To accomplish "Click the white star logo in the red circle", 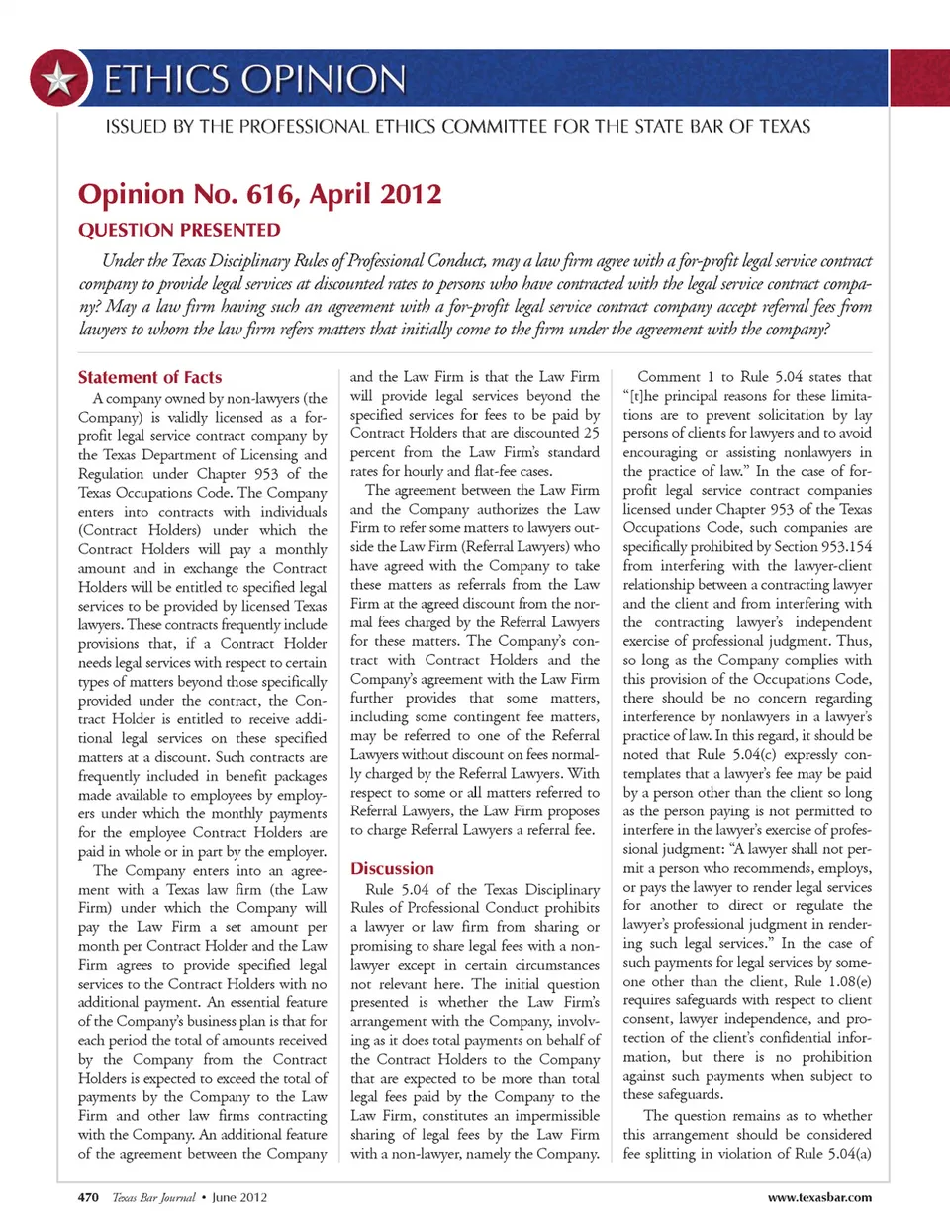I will [x=59, y=78].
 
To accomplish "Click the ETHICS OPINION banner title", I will [x=254, y=79].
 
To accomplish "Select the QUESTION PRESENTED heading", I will [x=179, y=230].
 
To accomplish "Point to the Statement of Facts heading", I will [x=149, y=377].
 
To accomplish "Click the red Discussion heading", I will [x=392, y=868].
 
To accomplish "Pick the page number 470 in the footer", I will [x=88, y=1197].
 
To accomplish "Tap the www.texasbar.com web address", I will [x=819, y=1197].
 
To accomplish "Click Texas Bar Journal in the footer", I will [x=153, y=1197].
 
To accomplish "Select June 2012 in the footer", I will [x=239, y=1197].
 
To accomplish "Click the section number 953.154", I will [x=847, y=547].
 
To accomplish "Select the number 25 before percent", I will [x=591, y=433].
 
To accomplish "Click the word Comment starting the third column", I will [x=669, y=377].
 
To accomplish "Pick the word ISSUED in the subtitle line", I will [x=134, y=127].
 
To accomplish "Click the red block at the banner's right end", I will [x=920, y=77].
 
